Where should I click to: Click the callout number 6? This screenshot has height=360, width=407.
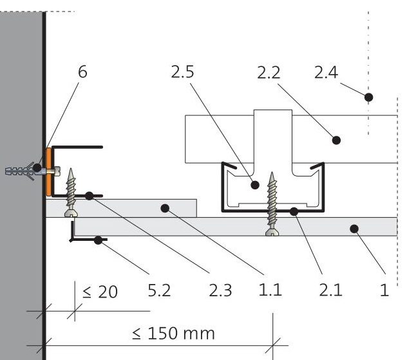coord(82,71)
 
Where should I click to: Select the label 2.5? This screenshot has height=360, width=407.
coord(182,71)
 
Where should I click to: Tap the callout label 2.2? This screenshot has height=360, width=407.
coord(269,72)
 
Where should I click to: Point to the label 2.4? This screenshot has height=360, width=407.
coord(326,72)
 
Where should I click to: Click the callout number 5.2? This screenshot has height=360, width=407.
coord(159,290)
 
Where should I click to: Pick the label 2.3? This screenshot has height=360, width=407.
coord(220,290)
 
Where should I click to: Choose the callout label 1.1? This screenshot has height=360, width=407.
coord(270,290)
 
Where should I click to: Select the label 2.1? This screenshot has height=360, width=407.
coord(330,290)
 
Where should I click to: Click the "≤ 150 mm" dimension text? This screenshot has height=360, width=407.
coord(173,334)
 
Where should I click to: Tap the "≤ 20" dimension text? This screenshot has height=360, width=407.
coord(100,292)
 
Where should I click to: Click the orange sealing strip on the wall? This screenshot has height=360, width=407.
coord(48,172)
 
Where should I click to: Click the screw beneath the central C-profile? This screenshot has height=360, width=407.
coord(272,204)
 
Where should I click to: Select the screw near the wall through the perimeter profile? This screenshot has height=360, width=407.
coord(71,193)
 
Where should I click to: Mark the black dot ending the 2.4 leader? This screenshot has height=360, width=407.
coord(368,97)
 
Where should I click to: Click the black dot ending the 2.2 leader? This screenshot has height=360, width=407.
coord(336,140)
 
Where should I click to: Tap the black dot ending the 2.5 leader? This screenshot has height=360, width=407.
coord(255,185)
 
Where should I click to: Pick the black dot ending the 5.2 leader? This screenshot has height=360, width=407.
coord(98,240)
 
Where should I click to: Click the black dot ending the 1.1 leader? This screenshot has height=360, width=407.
coord(165,208)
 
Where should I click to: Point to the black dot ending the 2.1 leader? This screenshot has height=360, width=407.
coord(294,211)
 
